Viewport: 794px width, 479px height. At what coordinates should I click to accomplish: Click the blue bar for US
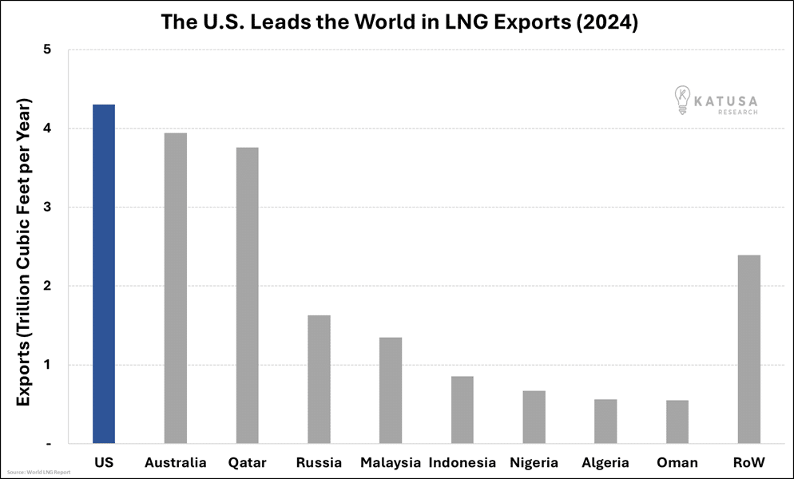(x=104, y=274)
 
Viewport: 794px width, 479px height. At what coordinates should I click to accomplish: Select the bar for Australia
(x=175, y=288)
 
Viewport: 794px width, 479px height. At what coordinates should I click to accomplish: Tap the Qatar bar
(x=247, y=295)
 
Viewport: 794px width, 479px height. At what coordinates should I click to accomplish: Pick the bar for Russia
(x=319, y=379)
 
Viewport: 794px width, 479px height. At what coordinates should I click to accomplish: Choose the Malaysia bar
(x=391, y=390)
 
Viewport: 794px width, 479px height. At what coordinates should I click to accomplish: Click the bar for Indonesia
(x=462, y=410)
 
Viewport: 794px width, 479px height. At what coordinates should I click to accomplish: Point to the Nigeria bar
(x=534, y=417)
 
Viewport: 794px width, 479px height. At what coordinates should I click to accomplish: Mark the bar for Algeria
(x=605, y=422)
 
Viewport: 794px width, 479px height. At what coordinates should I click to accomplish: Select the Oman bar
(x=677, y=422)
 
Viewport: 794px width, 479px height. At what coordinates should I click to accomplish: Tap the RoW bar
(x=748, y=349)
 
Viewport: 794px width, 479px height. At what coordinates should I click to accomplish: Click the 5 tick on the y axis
(x=47, y=49)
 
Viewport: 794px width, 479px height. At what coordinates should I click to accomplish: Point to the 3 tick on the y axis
(x=47, y=208)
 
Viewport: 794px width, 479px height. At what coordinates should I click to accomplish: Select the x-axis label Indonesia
(x=462, y=463)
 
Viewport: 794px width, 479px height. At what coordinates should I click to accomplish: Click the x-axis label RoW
(x=748, y=463)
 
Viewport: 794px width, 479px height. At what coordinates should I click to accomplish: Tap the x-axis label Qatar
(x=247, y=463)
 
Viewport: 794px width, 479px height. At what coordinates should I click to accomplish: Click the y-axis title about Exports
(x=23, y=251)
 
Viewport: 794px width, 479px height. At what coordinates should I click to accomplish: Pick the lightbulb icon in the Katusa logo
(x=681, y=100)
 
